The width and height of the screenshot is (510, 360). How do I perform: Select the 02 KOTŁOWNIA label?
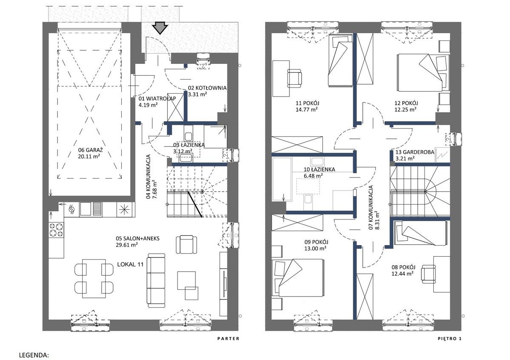click(207, 88)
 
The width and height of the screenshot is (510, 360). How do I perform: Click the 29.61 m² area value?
click(126, 245)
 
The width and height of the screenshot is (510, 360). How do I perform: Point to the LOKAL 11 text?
click(130, 264)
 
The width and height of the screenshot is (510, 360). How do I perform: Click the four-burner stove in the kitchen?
click(56, 229)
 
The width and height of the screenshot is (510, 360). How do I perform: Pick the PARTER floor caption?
click(228, 339)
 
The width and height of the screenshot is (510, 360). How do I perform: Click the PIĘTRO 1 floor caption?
click(450, 339)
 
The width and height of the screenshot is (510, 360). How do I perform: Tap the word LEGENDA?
click(34, 355)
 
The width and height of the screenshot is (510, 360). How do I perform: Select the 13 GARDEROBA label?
click(415, 152)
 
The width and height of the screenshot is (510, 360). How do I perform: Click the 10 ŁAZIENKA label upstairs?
click(319, 169)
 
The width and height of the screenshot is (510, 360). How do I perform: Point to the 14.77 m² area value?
click(307, 110)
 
